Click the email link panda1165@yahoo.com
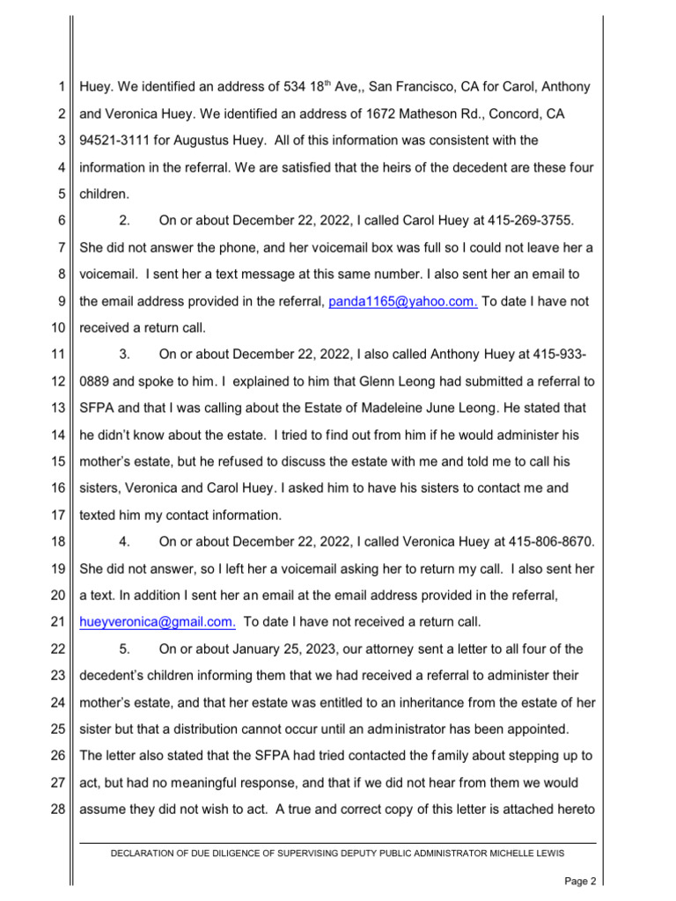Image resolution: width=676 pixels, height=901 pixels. coord(403,302)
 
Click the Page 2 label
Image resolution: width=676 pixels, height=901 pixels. coord(580,881)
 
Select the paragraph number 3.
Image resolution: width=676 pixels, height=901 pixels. coord(124,355)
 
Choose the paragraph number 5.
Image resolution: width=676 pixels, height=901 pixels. coord(124,649)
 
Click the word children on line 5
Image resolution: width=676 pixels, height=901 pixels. coord(109,194)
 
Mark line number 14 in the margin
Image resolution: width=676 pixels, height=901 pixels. coord(58,435)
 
